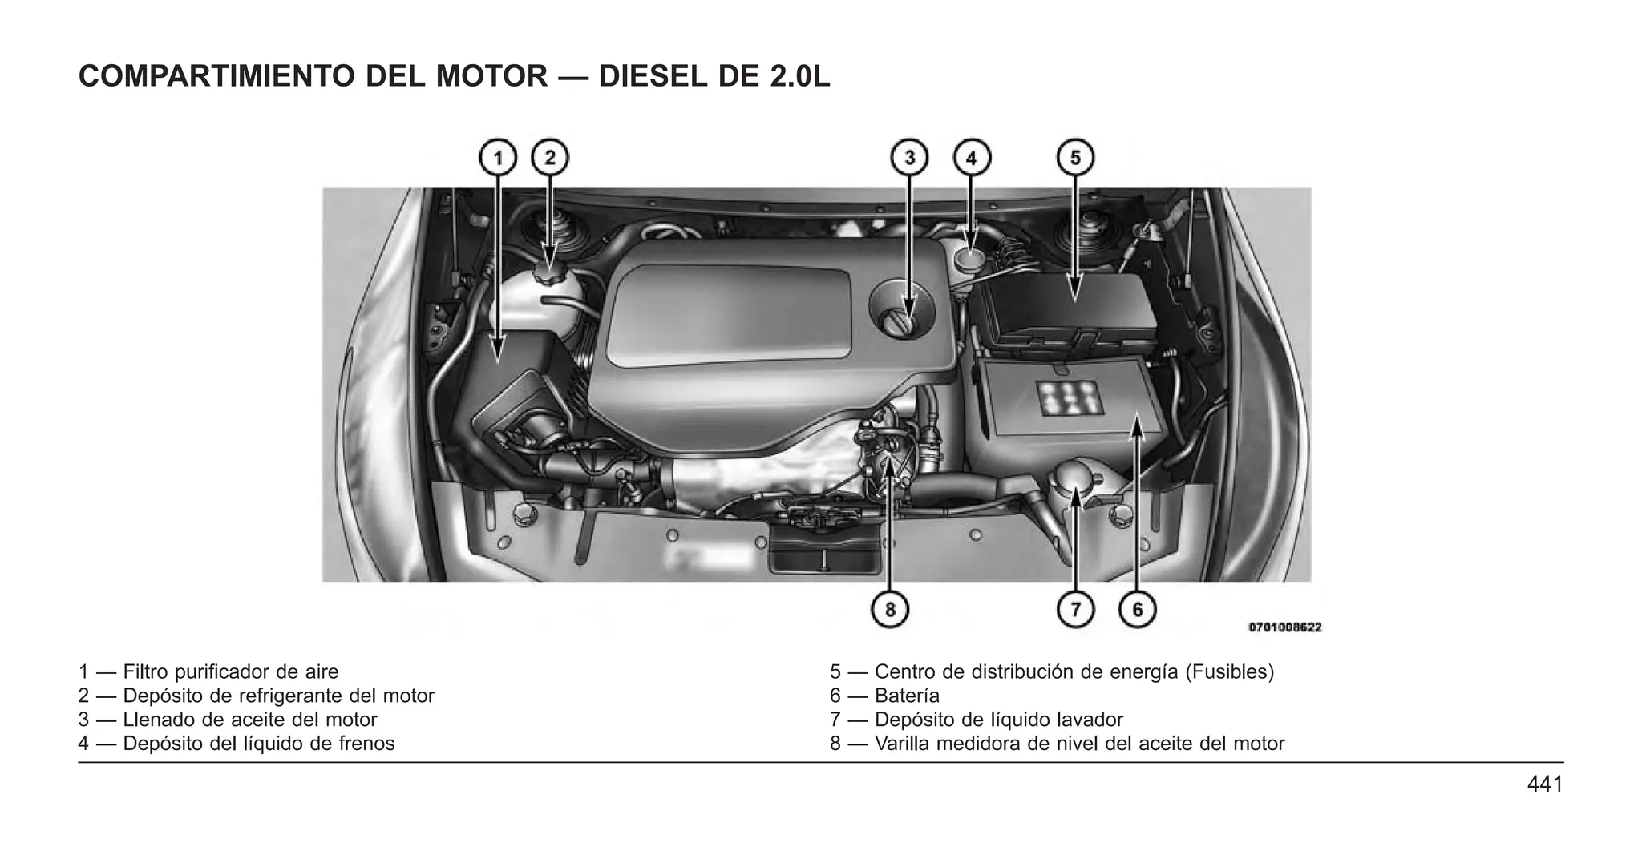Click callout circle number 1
pyautogui.click(x=498, y=158)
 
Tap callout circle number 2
pyautogui.click(x=550, y=158)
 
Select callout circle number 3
pyautogui.click(x=909, y=158)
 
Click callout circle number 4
pyautogui.click(x=971, y=158)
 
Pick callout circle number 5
pyautogui.click(x=1075, y=158)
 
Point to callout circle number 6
pyautogui.click(x=1137, y=610)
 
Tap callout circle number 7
pyautogui.click(x=1075, y=610)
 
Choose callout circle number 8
pyautogui.click(x=889, y=610)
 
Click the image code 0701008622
pyautogui.click(x=1284, y=627)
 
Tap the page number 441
pyautogui.click(x=1544, y=784)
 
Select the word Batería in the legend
pyautogui.click(x=907, y=696)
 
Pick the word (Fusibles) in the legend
pyautogui.click(x=1229, y=671)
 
